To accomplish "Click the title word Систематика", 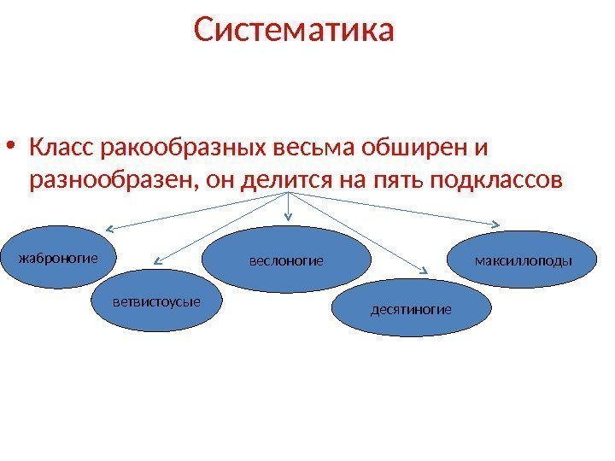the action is coord(295,32).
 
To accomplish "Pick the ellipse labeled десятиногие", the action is coord(411,307).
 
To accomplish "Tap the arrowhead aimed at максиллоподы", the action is coord(497,225).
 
